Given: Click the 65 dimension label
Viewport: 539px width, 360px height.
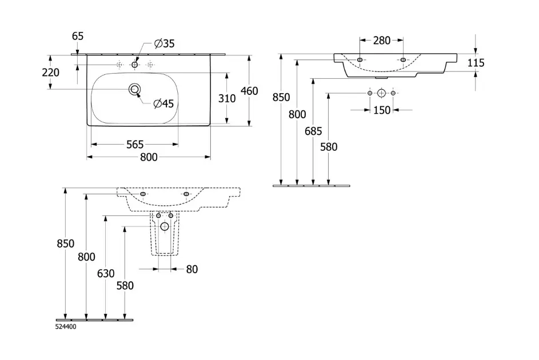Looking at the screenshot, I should (78, 36).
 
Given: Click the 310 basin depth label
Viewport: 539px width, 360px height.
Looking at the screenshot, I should (227, 98).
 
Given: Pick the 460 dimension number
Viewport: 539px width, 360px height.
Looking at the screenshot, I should (250, 91).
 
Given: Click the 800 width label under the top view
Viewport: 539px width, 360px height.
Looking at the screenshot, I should (149, 158).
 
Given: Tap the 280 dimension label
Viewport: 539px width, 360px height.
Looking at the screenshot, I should (381, 41).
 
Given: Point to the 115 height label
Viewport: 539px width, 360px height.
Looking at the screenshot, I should (476, 63).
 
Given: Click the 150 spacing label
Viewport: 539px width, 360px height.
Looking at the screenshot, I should (382, 110).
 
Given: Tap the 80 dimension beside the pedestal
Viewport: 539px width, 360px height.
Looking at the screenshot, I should (191, 269).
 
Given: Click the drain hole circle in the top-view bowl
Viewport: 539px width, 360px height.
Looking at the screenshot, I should (135, 89).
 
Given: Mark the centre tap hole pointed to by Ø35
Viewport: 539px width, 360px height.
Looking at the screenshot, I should (135, 65).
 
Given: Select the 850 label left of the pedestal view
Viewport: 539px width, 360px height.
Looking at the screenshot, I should (66, 243).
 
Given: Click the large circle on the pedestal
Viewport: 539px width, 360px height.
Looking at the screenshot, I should (165, 226).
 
